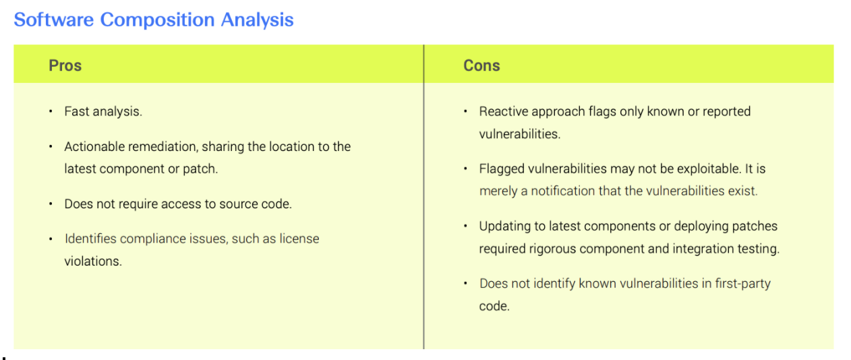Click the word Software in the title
pos(53,20)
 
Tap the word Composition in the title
pos(157,20)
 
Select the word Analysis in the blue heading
pos(257,20)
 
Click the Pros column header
pos(65,65)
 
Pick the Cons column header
pos(481,65)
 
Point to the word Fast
pos(76,112)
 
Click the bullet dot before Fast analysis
pos(51,112)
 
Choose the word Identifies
pos(90,239)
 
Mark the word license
pos(299,239)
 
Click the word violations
pos(93,262)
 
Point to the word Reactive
pos(503,112)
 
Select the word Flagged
pos(502,169)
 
